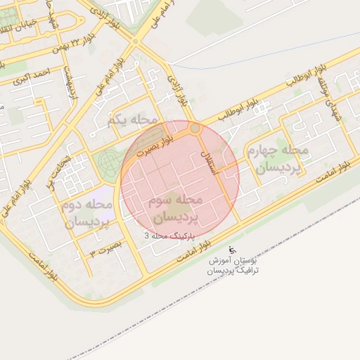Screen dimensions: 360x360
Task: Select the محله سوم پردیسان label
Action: [x=175, y=207]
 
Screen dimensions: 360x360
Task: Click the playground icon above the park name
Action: [x=233, y=250]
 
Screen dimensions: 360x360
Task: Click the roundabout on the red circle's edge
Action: [x=195, y=129]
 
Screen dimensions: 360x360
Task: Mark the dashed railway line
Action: [x=281, y=232]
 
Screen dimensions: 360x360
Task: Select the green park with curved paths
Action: [x=108, y=162]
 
